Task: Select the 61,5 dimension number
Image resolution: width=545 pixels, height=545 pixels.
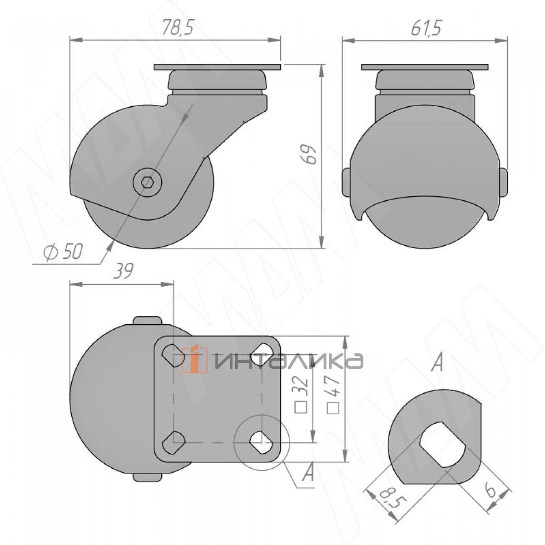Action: click(426, 28)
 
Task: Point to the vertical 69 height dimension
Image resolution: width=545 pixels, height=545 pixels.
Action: click(308, 154)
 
